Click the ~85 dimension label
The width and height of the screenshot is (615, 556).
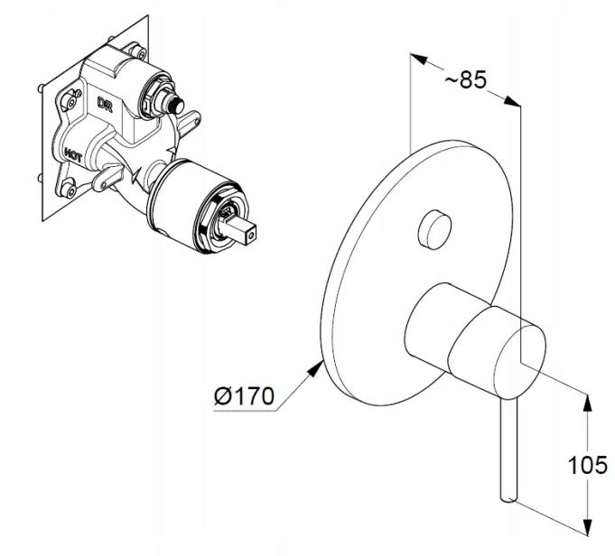click(466, 79)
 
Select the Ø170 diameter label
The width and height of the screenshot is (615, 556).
click(244, 396)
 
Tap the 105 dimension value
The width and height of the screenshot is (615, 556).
click(588, 466)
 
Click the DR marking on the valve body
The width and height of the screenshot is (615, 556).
click(105, 104)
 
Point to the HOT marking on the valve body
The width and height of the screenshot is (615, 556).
click(73, 155)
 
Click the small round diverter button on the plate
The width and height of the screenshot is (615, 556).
click(434, 229)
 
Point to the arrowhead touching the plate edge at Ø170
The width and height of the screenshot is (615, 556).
click(314, 368)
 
